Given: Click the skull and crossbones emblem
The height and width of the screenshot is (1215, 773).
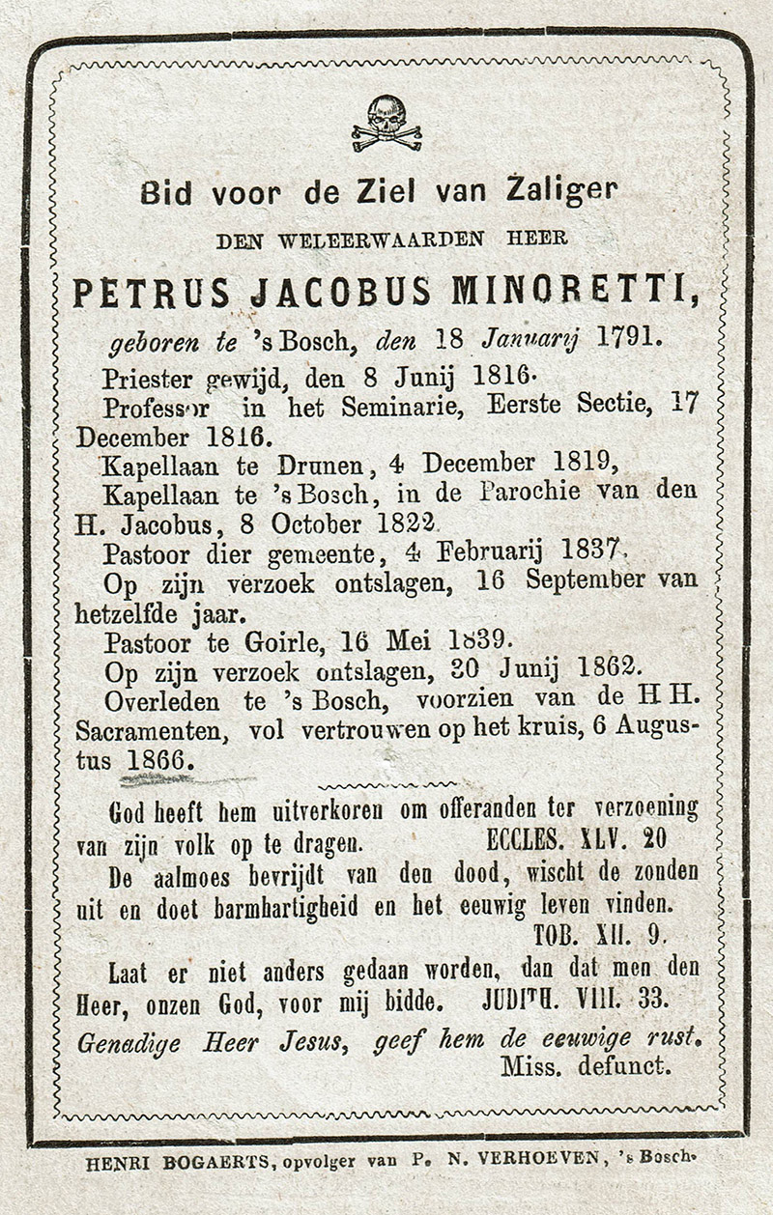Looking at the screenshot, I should (386, 123).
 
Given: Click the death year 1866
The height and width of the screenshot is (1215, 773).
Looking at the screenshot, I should (156, 759).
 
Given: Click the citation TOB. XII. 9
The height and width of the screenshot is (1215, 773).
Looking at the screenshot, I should (599, 935).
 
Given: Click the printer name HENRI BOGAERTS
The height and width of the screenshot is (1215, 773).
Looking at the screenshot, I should (179, 1164).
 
